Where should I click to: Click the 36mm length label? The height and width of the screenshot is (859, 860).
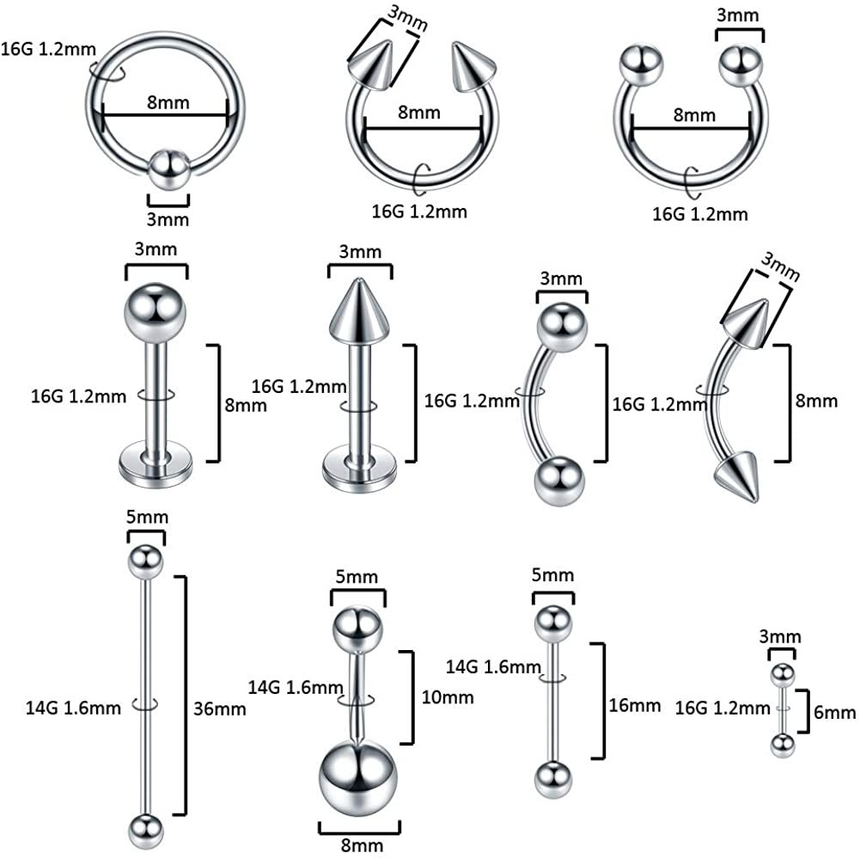[x=219, y=709]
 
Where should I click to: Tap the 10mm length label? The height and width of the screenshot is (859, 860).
[x=448, y=697]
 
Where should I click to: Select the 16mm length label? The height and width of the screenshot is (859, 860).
[x=635, y=705]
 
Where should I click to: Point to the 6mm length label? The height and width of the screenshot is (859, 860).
[x=834, y=713]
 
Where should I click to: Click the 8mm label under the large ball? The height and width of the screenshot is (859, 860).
[x=362, y=845]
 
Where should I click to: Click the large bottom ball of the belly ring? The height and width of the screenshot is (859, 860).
[x=357, y=778]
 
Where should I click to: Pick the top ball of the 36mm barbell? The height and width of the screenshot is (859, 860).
[x=145, y=561]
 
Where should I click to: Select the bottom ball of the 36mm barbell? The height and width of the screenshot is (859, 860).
[x=146, y=831]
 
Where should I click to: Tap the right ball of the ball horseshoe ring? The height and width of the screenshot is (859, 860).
[x=741, y=66]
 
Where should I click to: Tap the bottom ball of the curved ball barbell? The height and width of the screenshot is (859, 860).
[x=559, y=481]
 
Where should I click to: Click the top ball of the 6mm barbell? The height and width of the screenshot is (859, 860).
[x=783, y=676]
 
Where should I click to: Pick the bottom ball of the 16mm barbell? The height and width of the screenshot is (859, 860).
[x=553, y=780]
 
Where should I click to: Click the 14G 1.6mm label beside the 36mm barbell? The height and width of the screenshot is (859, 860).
[x=73, y=708]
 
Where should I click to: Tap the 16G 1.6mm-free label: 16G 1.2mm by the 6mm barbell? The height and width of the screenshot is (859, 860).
[x=723, y=708]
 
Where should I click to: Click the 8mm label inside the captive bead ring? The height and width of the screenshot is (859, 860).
[x=168, y=102]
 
